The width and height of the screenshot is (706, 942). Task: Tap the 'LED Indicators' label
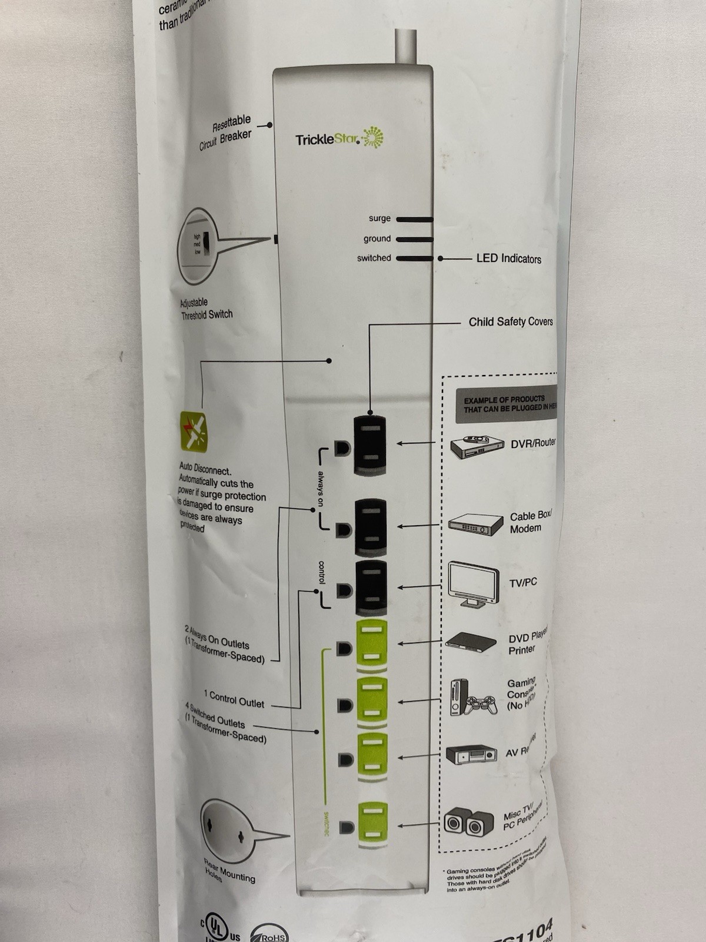(508, 258)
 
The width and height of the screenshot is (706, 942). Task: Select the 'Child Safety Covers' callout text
(511, 322)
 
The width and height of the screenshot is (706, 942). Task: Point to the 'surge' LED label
(379, 218)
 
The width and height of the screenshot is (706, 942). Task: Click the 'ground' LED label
(377, 238)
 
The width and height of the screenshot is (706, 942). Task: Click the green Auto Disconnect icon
(194, 431)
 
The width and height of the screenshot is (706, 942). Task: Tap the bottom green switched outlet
(371, 823)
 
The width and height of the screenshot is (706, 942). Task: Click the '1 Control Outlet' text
(234, 699)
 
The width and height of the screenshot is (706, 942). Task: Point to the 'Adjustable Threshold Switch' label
(206, 309)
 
